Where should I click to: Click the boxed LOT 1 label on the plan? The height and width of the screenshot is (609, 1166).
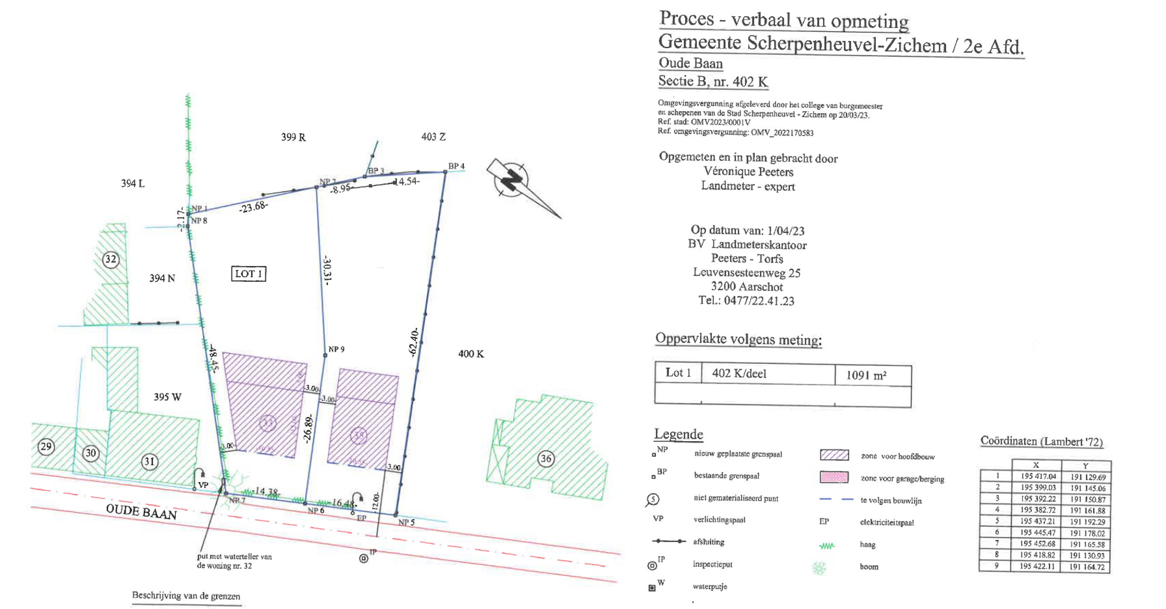coord(248,274)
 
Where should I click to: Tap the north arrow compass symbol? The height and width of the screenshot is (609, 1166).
coord(513,180)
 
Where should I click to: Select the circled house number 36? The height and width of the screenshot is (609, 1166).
coord(546,459)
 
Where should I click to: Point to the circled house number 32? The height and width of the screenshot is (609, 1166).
coord(111,259)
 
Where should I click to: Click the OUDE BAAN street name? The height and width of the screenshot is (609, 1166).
coord(141,512)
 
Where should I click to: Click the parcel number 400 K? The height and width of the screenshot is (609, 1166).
coord(471,354)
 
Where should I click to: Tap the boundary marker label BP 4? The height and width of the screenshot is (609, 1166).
coord(456,166)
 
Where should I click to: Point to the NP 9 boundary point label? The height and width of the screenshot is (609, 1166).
coord(336,349)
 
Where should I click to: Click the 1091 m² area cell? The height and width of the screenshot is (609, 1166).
coord(866,376)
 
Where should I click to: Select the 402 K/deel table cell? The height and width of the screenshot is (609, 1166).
coord(739,374)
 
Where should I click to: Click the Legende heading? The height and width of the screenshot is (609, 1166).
coord(678,434)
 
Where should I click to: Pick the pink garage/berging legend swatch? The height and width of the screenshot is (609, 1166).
coord(834,478)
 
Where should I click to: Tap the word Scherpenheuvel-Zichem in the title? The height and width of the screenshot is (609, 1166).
coord(847,44)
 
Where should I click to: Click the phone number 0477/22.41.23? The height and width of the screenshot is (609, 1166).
coord(759,300)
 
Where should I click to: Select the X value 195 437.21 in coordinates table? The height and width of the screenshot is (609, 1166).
coord(1038,521)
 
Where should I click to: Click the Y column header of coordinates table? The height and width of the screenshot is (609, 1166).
coord(1085,465)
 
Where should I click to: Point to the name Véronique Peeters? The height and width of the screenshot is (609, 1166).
coord(748,172)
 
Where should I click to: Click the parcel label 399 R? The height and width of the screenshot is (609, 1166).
coord(293,137)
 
